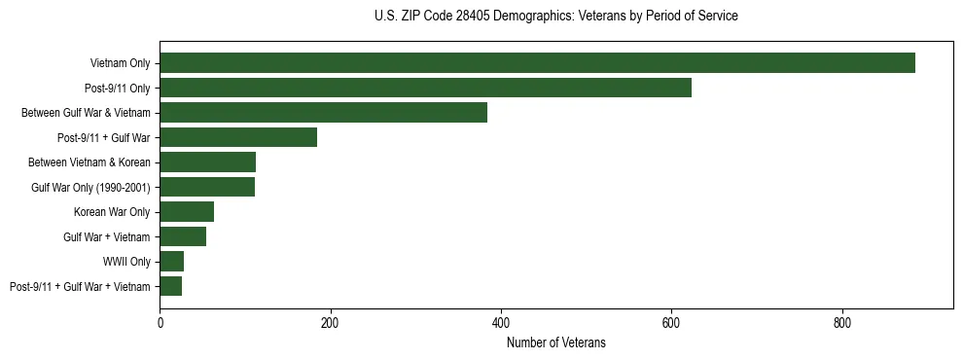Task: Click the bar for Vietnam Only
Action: pos(537,63)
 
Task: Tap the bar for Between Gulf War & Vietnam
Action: pos(323,113)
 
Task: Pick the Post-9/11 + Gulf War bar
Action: pos(238,137)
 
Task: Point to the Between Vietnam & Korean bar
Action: pos(207,162)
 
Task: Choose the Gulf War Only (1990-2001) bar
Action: pos(207,187)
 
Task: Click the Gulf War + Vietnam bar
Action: pos(183,236)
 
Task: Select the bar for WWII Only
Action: pos(171,262)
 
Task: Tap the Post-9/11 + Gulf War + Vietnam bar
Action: pos(170,286)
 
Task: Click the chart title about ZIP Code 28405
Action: pos(555,17)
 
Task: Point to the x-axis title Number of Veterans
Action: pos(555,342)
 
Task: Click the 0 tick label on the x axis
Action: pos(160,322)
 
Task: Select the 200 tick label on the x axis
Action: pos(330,322)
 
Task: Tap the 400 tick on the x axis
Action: pos(501,322)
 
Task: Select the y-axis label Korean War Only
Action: pos(112,212)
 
